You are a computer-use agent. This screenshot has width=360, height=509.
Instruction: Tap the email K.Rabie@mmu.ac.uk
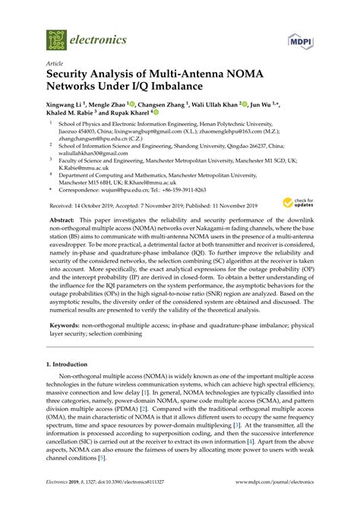pyautogui.click(x=85, y=167)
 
